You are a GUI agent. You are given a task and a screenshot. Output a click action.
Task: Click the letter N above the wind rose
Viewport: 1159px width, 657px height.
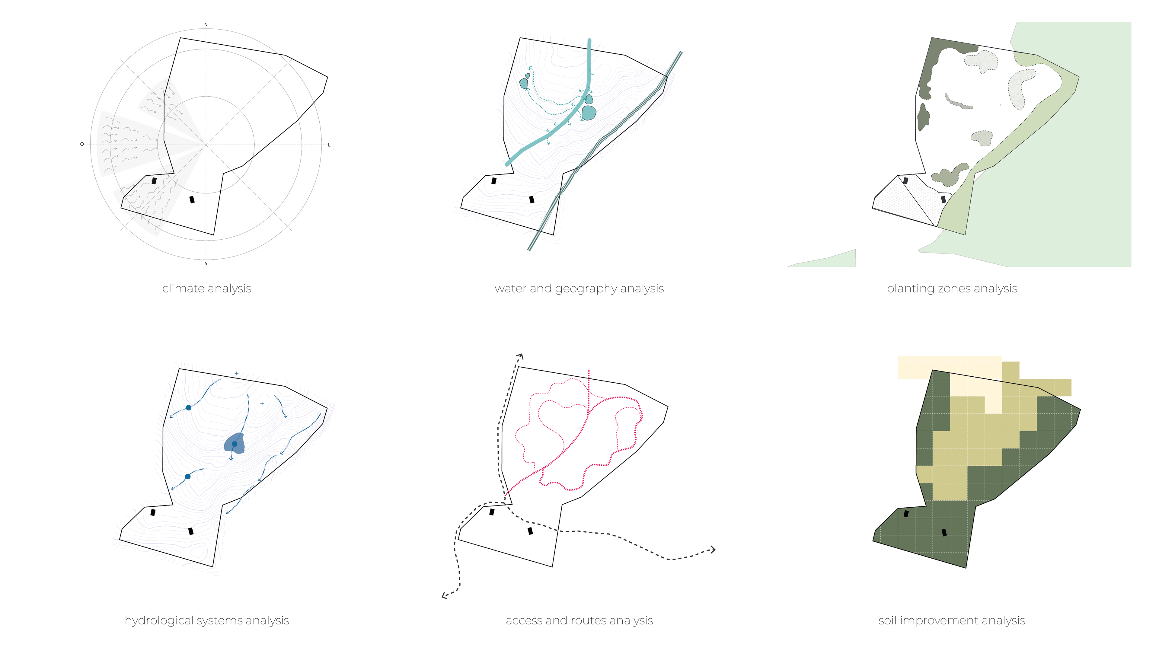tap(206, 25)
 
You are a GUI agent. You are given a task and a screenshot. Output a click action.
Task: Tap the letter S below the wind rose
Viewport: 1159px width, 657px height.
tap(206, 263)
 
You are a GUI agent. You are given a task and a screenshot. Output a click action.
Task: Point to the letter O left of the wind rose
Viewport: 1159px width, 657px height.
tap(82, 144)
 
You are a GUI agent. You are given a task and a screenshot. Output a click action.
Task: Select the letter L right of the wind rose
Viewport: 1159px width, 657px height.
tap(329, 145)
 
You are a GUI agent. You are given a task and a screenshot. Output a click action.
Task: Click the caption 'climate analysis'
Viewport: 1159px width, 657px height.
tap(207, 288)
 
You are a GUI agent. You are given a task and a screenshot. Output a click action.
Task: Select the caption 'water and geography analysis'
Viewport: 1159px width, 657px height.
tap(579, 288)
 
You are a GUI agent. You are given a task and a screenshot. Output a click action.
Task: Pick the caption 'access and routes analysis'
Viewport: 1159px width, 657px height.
tap(579, 620)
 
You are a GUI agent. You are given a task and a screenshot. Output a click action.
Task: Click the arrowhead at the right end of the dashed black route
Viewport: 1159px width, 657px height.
tap(713, 549)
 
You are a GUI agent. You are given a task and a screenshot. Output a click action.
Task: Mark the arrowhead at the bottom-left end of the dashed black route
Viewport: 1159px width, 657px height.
tap(444, 596)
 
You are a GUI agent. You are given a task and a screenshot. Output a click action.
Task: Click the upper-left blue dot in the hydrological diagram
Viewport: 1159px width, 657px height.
tap(189, 407)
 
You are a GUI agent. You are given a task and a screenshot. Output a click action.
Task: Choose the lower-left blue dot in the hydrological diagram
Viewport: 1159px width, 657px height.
tap(188, 477)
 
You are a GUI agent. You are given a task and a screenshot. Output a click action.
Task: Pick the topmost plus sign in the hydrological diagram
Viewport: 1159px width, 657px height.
tap(236, 373)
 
